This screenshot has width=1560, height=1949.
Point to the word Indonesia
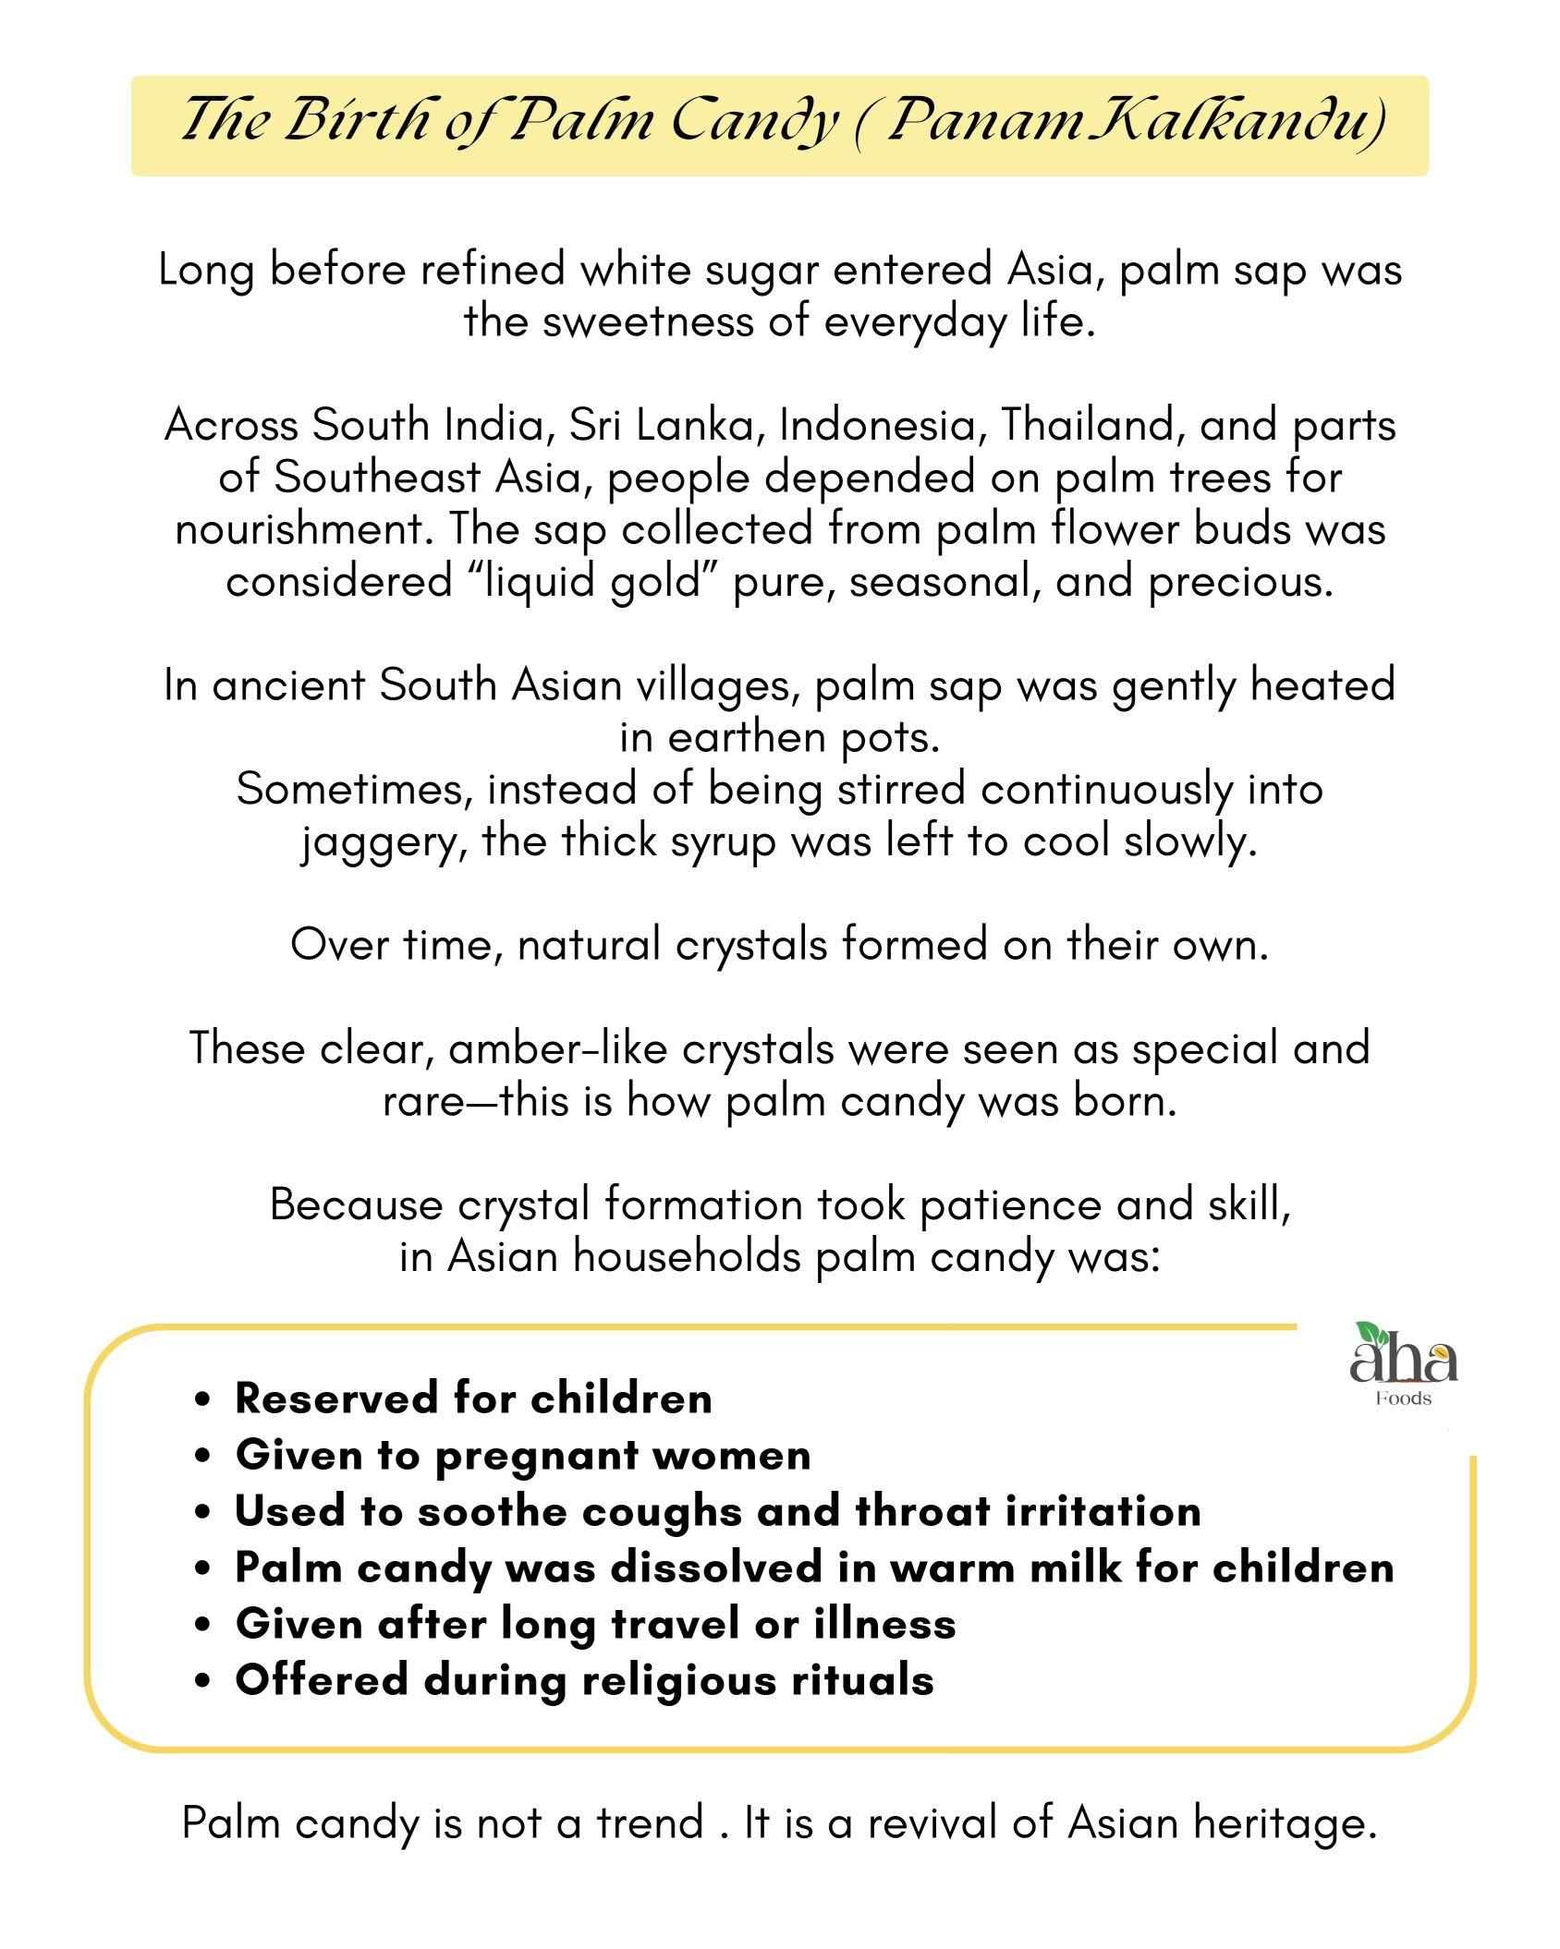878,426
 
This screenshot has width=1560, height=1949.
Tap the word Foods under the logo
1403,1398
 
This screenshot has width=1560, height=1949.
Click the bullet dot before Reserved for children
204,1399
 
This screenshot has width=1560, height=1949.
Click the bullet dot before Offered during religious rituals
204,1680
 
